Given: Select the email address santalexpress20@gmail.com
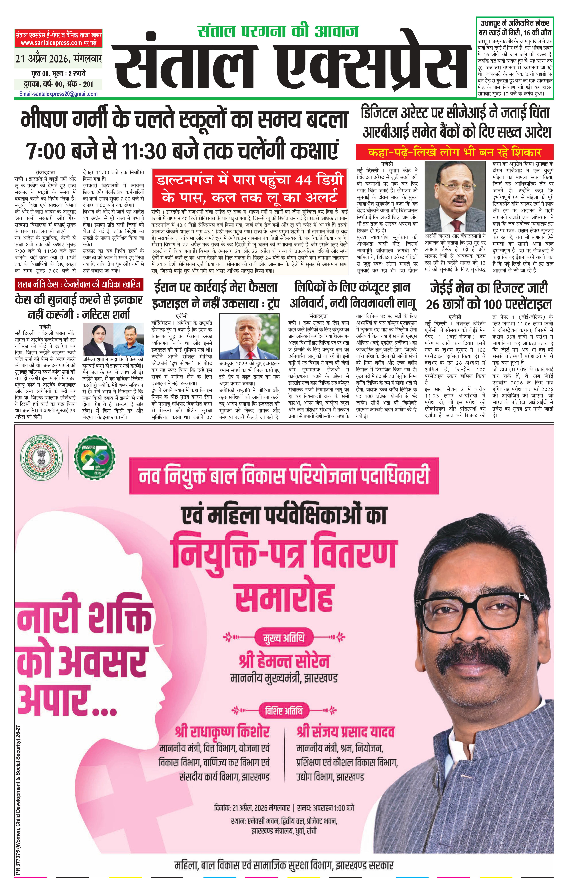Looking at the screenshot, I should click(58, 94).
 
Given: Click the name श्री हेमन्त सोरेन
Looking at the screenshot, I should click(284, 662).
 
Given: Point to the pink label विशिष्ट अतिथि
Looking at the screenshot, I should click(283, 711).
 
